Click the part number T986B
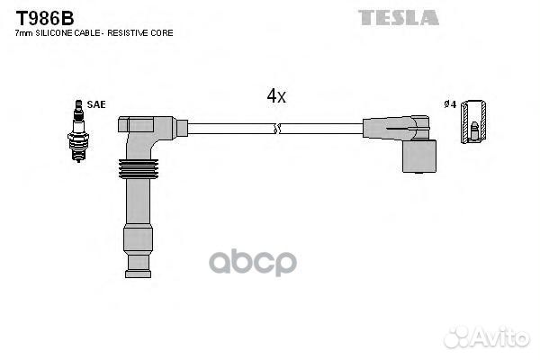(x=45, y=18)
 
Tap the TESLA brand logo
(x=399, y=18)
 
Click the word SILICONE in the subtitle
(x=54, y=33)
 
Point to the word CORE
(x=162, y=33)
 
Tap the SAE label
(x=96, y=104)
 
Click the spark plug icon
(x=78, y=130)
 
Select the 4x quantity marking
(x=276, y=95)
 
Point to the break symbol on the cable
(x=277, y=129)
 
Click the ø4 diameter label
(x=450, y=104)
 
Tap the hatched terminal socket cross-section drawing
(x=473, y=121)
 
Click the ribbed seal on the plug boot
(x=139, y=169)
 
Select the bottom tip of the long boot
(x=138, y=274)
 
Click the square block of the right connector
(x=419, y=156)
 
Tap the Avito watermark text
(x=501, y=337)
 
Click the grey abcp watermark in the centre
(x=253, y=262)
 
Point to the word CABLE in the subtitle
(x=87, y=33)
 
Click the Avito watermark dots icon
(x=457, y=337)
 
